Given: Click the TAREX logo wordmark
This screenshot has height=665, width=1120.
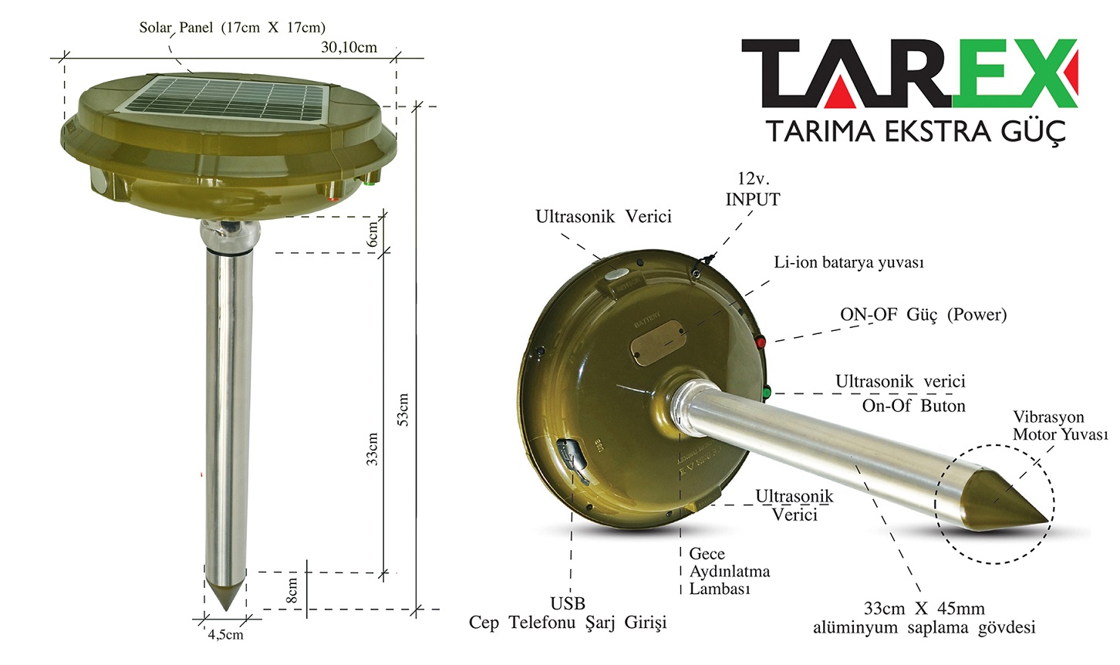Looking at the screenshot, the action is click(x=909, y=73).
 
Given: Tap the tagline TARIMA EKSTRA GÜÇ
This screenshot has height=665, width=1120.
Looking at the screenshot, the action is click(x=916, y=132).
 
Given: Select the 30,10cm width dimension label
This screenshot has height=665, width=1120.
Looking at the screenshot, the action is click(x=349, y=47).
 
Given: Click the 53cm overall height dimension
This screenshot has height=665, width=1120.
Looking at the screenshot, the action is click(x=403, y=410).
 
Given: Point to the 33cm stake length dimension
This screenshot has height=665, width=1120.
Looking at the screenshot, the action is click(x=373, y=449).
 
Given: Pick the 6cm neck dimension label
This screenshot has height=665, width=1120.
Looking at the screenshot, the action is click(x=373, y=235).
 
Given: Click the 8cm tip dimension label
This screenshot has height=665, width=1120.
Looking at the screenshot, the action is click(x=292, y=590).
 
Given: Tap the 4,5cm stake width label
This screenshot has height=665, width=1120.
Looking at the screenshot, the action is click(x=225, y=634).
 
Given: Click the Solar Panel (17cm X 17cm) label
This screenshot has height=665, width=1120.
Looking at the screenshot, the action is click(x=232, y=27).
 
